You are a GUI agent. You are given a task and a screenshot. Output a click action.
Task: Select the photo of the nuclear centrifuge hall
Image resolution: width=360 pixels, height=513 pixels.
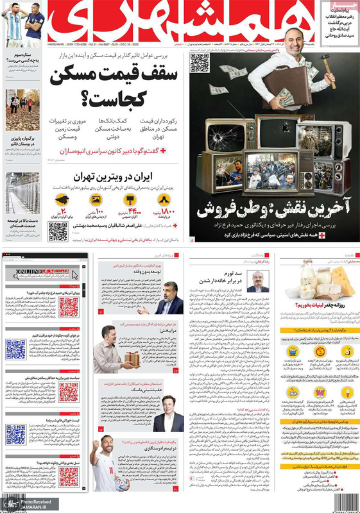pyautogui.click(x=21, y=193)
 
